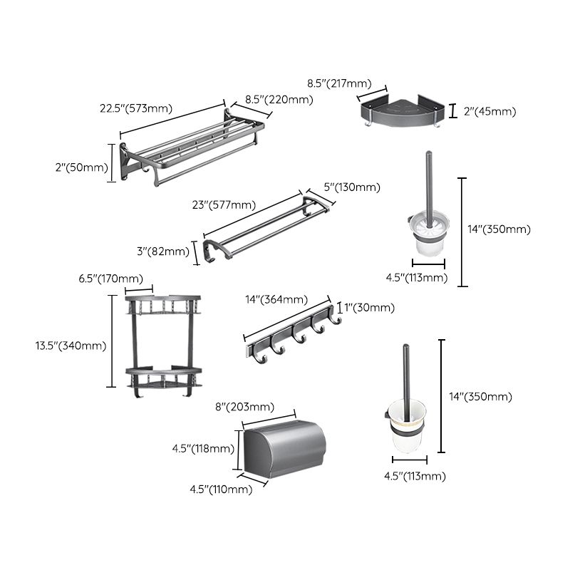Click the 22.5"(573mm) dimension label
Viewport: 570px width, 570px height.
(137, 108)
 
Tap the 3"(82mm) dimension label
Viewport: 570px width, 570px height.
(163, 251)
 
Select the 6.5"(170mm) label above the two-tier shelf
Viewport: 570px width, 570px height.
(110, 278)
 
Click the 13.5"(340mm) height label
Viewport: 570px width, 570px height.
(71, 346)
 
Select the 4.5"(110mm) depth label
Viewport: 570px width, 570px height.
(220, 489)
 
